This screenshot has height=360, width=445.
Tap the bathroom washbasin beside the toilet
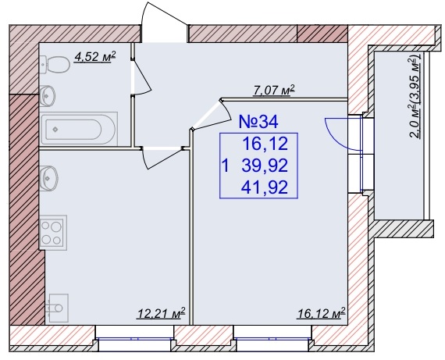pyautogui.click(x=47, y=96)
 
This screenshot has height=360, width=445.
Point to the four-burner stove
pyautogui.click(x=53, y=233)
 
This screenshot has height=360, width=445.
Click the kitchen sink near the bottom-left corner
pyautogui.click(x=58, y=308)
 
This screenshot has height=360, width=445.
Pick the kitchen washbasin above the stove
pyautogui.click(x=49, y=178)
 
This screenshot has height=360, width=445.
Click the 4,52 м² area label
pyautogui.click(x=94, y=57)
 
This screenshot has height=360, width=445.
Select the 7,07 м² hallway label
pyautogui.click(x=273, y=91)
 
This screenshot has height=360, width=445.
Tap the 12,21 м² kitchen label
pyautogui.click(x=161, y=314)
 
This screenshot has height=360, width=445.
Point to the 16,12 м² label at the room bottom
pyautogui.click(x=322, y=314)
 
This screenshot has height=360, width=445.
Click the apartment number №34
pyautogui.click(x=258, y=122)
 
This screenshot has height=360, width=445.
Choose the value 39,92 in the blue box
pyautogui.click(x=265, y=166)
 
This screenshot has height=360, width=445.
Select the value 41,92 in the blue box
pyautogui.click(x=265, y=187)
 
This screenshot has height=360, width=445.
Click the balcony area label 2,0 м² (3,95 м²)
pyautogui.click(x=415, y=97)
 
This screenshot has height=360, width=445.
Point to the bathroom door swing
pyautogui.click(x=141, y=77)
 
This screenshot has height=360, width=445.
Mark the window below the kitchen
pyautogui.click(x=134, y=338)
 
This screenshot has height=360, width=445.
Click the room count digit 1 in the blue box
pyautogui.click(x=226, y=166)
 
